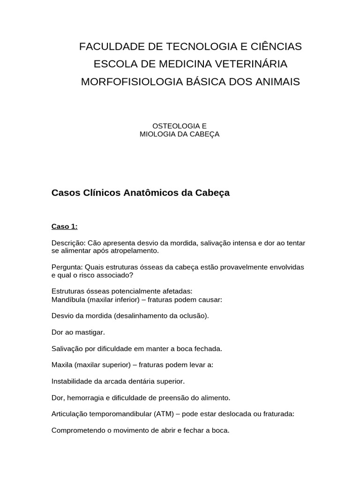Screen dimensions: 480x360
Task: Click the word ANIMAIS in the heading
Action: (x=277, y=82)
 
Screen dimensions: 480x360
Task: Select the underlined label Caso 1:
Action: (x=64, y=226)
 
